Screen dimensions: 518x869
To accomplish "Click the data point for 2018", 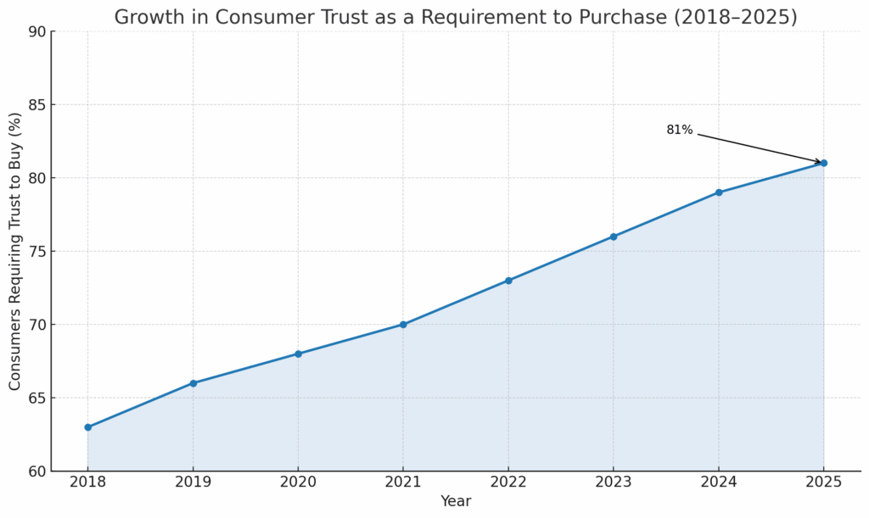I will point(87,427).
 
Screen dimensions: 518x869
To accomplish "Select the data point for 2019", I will point(193,383).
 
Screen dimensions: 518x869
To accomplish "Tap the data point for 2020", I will point(298,354).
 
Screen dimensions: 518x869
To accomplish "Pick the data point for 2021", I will point(403,325).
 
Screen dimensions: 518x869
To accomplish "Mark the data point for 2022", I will point(508,281).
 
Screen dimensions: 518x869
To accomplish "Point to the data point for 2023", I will point(614,237).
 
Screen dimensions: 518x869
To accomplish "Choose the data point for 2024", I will point(719,192).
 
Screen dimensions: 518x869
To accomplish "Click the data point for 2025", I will point(824,163).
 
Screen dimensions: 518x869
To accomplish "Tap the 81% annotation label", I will point(679,131).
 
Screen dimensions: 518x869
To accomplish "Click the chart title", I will point(456,17).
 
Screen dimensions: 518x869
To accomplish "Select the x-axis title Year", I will point(456,501).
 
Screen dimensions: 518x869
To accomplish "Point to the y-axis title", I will point(15,251).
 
